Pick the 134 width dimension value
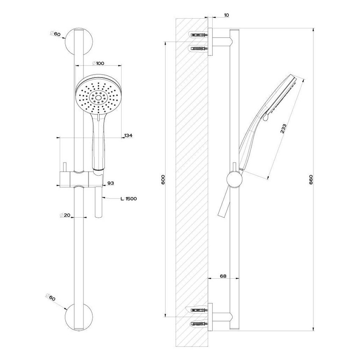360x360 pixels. click(x=128, y=136)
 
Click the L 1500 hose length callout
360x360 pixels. click(x=128, y=199)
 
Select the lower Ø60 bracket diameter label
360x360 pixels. click(x=51, y=298)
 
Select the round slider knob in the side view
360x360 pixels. click(x=234, y=179)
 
